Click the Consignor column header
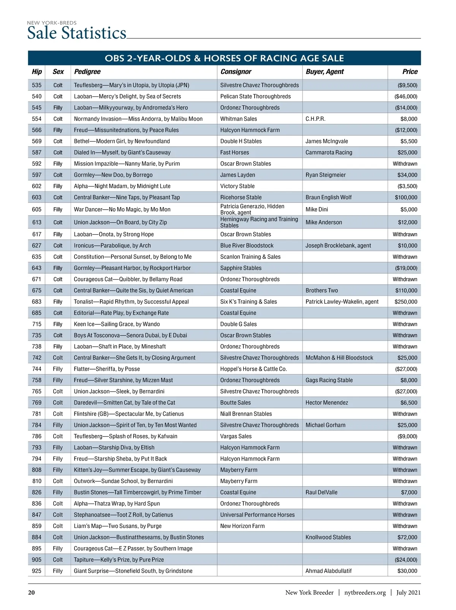(236, 72)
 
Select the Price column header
(410, 72)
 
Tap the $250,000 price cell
(406, 302)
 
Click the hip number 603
(37, 198)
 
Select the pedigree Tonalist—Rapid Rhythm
(131, 302)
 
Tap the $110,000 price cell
(406, 291)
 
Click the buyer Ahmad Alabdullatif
(328, 571)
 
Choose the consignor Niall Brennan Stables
(246, 414)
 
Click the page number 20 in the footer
(32, 593)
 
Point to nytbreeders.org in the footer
(365, 593)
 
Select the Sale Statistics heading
(77, 33)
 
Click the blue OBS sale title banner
(224, 58)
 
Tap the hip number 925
(37, 571)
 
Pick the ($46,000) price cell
(406, 96)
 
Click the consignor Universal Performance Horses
(257, 515)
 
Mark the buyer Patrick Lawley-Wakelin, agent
(342, 302)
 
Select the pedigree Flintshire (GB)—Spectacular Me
(129, 414)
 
